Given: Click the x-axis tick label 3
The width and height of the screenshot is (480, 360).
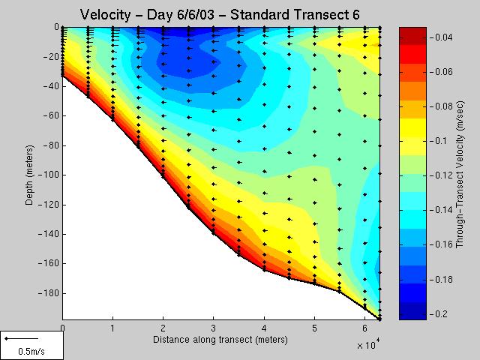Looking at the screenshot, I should (x=214, y=328).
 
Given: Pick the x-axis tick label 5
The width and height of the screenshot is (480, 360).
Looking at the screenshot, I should (x=314, y=328).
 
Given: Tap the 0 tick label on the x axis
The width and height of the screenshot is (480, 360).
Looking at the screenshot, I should (x=62, y=328).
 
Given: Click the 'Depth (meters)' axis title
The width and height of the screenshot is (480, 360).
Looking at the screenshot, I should (x=28, y=172).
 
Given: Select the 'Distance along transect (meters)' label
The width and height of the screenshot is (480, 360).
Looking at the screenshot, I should (x=220, y=340).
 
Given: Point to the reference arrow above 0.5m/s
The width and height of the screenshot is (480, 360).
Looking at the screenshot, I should (x=16, y=339).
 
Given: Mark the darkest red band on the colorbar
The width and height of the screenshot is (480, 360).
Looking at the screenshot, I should (x=412, y=31).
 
